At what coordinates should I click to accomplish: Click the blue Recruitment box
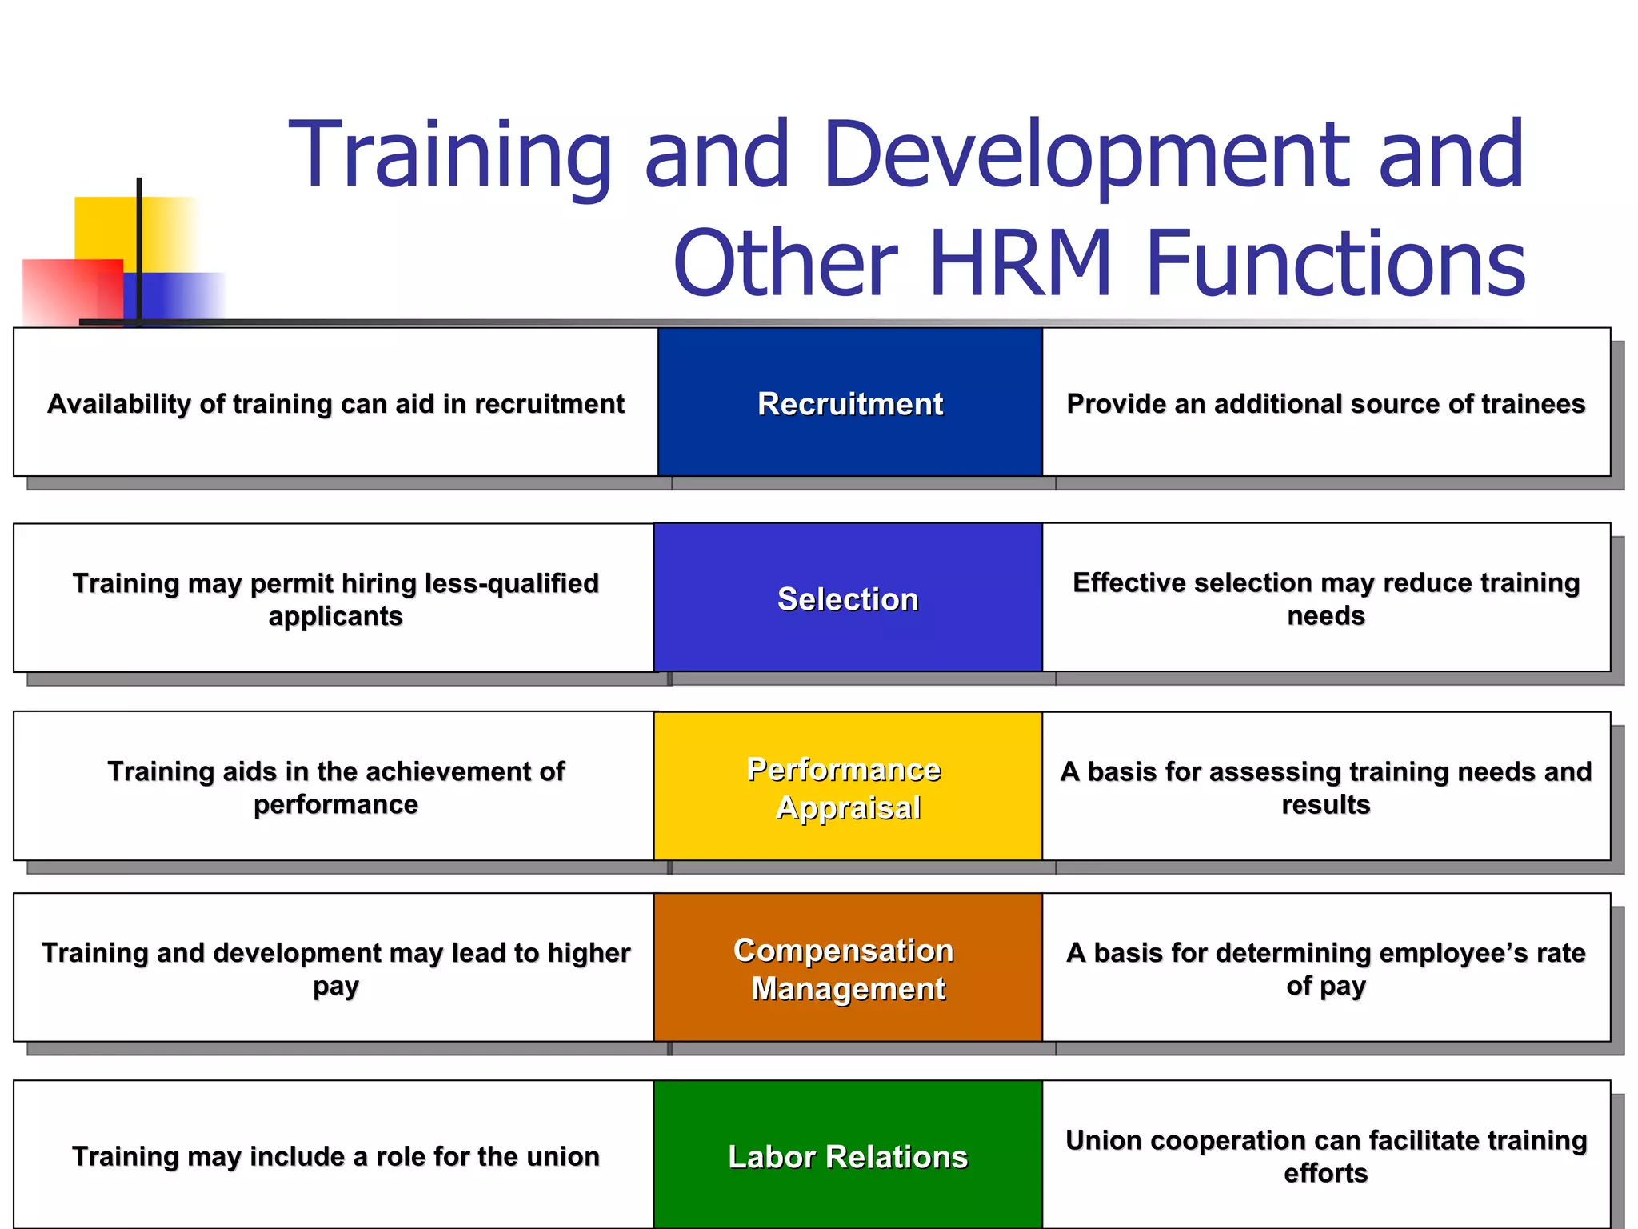coord(849,402)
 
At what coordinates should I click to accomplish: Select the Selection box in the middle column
coord(848,598)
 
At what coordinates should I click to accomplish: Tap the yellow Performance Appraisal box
coord(848,787)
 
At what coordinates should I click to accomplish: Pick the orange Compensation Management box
coord(848,968)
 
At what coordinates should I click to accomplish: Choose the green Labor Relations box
coord(848,1156)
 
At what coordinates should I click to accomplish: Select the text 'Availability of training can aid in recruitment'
coord(336,403)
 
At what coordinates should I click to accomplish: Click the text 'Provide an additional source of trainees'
coord(1325,403)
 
